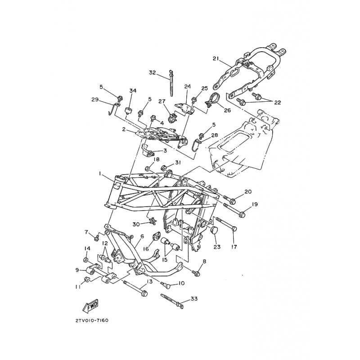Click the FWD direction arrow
pos(90,306)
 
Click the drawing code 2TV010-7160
pos(92,320)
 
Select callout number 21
pos(216,59)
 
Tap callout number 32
pos(152,73)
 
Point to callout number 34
pos(132,90)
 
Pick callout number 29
pos(95,99)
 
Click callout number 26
pos(227,110)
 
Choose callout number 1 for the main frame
pos(100,174)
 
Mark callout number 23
pos(217,247)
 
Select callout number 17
pos(234,247)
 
